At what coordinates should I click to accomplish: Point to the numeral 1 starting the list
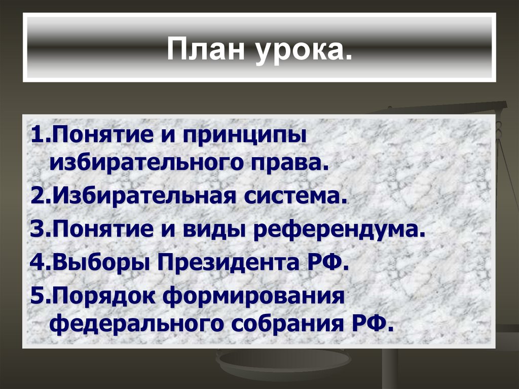point(36,136)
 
